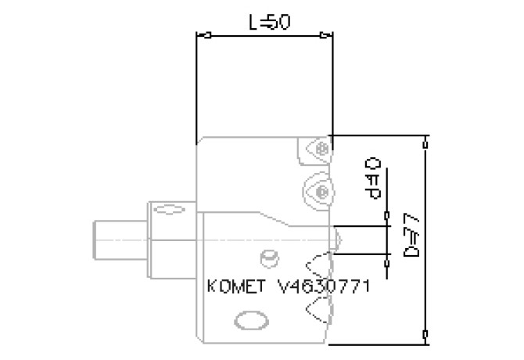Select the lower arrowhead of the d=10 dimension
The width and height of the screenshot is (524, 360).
(387, 253)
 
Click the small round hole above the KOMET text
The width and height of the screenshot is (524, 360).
(270, 256)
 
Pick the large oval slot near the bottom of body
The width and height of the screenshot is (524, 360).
(250, 321)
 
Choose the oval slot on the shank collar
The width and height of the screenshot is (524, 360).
(166, 210)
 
